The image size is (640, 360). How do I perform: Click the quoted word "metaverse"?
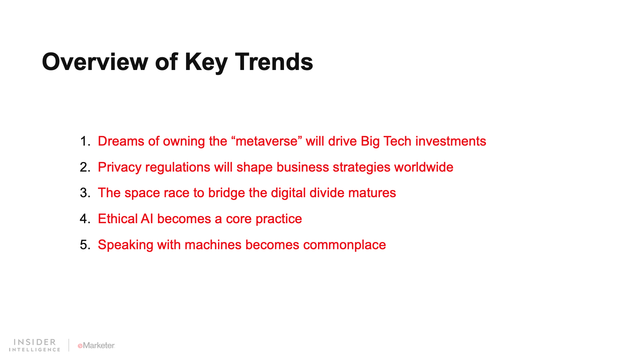(267, 141)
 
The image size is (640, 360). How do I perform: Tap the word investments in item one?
(450, 141)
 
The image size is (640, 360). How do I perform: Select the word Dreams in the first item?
(121, 141)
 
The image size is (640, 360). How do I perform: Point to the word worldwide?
(424, 167)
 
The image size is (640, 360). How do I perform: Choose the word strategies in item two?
(362, 168)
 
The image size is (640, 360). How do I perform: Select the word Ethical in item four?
(118, 219)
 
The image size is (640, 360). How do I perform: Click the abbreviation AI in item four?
(147, 219)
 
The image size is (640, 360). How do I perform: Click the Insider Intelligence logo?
(34, 345)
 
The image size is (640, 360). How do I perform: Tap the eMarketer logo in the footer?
(96, 346)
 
